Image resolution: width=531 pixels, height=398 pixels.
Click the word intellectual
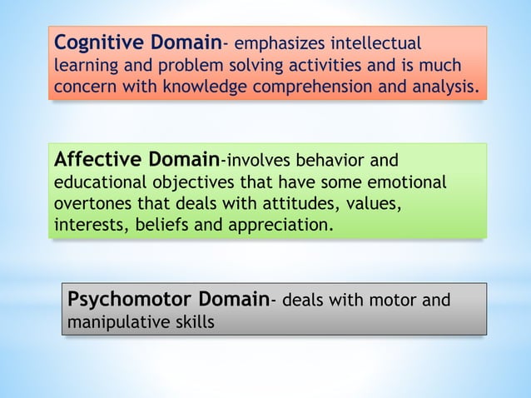tap(377, 43)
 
